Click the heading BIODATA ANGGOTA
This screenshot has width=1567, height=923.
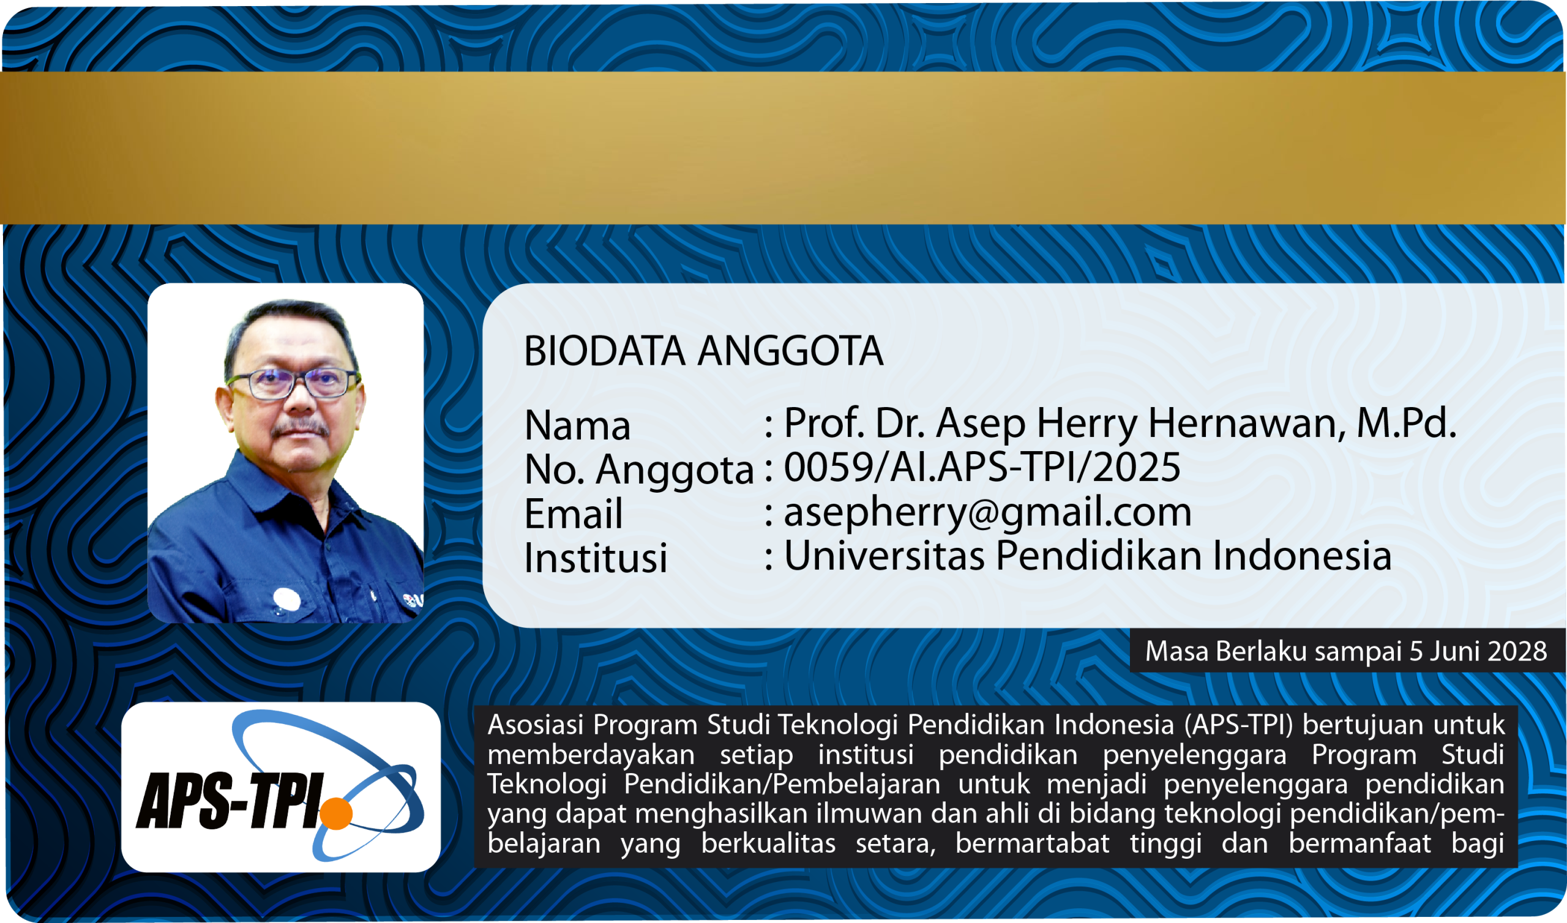pyautogui.click(x=703, y=351)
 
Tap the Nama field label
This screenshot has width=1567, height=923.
pyautogui.click(x=578, y=426)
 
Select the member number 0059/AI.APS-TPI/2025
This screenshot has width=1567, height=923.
pyautogui.click(x=982, y=467)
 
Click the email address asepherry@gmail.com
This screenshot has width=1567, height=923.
pyautogui.click(x=987, y=514)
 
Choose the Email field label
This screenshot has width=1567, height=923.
pyautogui.click(x=574, y=514)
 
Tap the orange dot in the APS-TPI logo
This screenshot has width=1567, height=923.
pyautogui.click(x=337, y=813)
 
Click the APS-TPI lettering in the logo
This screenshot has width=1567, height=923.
pyautogui.click(x=230, y=801)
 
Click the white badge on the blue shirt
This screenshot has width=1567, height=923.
pyautogui.click(x=286, y=600)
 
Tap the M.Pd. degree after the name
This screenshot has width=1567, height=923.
pyautogui.click(x=1407, y=424)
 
